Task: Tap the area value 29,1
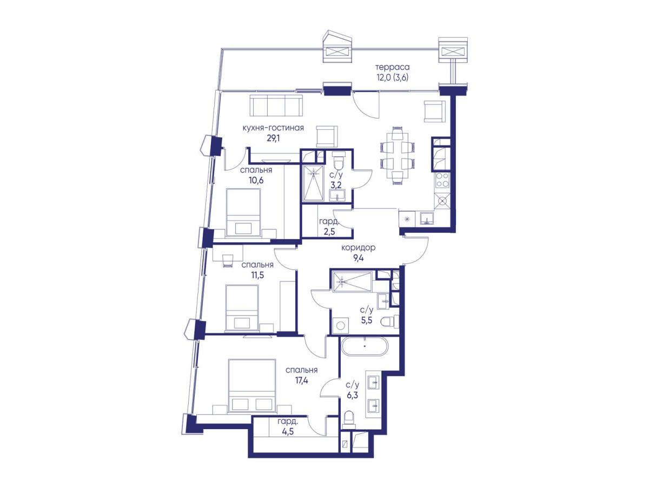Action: [x=273, y=139]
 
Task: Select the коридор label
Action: [x=359, y=247]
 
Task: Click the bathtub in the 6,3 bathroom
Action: [x=365, y=346]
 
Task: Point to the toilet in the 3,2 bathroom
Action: [x=338, y=160]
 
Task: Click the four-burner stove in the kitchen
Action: [x=442, y=180]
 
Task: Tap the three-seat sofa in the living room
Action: [x=276, y=105]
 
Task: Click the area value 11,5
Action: [x=257, y=275]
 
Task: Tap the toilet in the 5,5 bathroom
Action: [x=390, y=321]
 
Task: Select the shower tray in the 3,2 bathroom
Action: [x=312, y=183]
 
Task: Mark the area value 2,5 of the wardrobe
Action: [x=330, y=231]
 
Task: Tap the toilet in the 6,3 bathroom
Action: [x=349, y=419]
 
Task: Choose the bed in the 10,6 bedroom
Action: [x=243, y=213]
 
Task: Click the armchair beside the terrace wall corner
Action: [x=435, y=111]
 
